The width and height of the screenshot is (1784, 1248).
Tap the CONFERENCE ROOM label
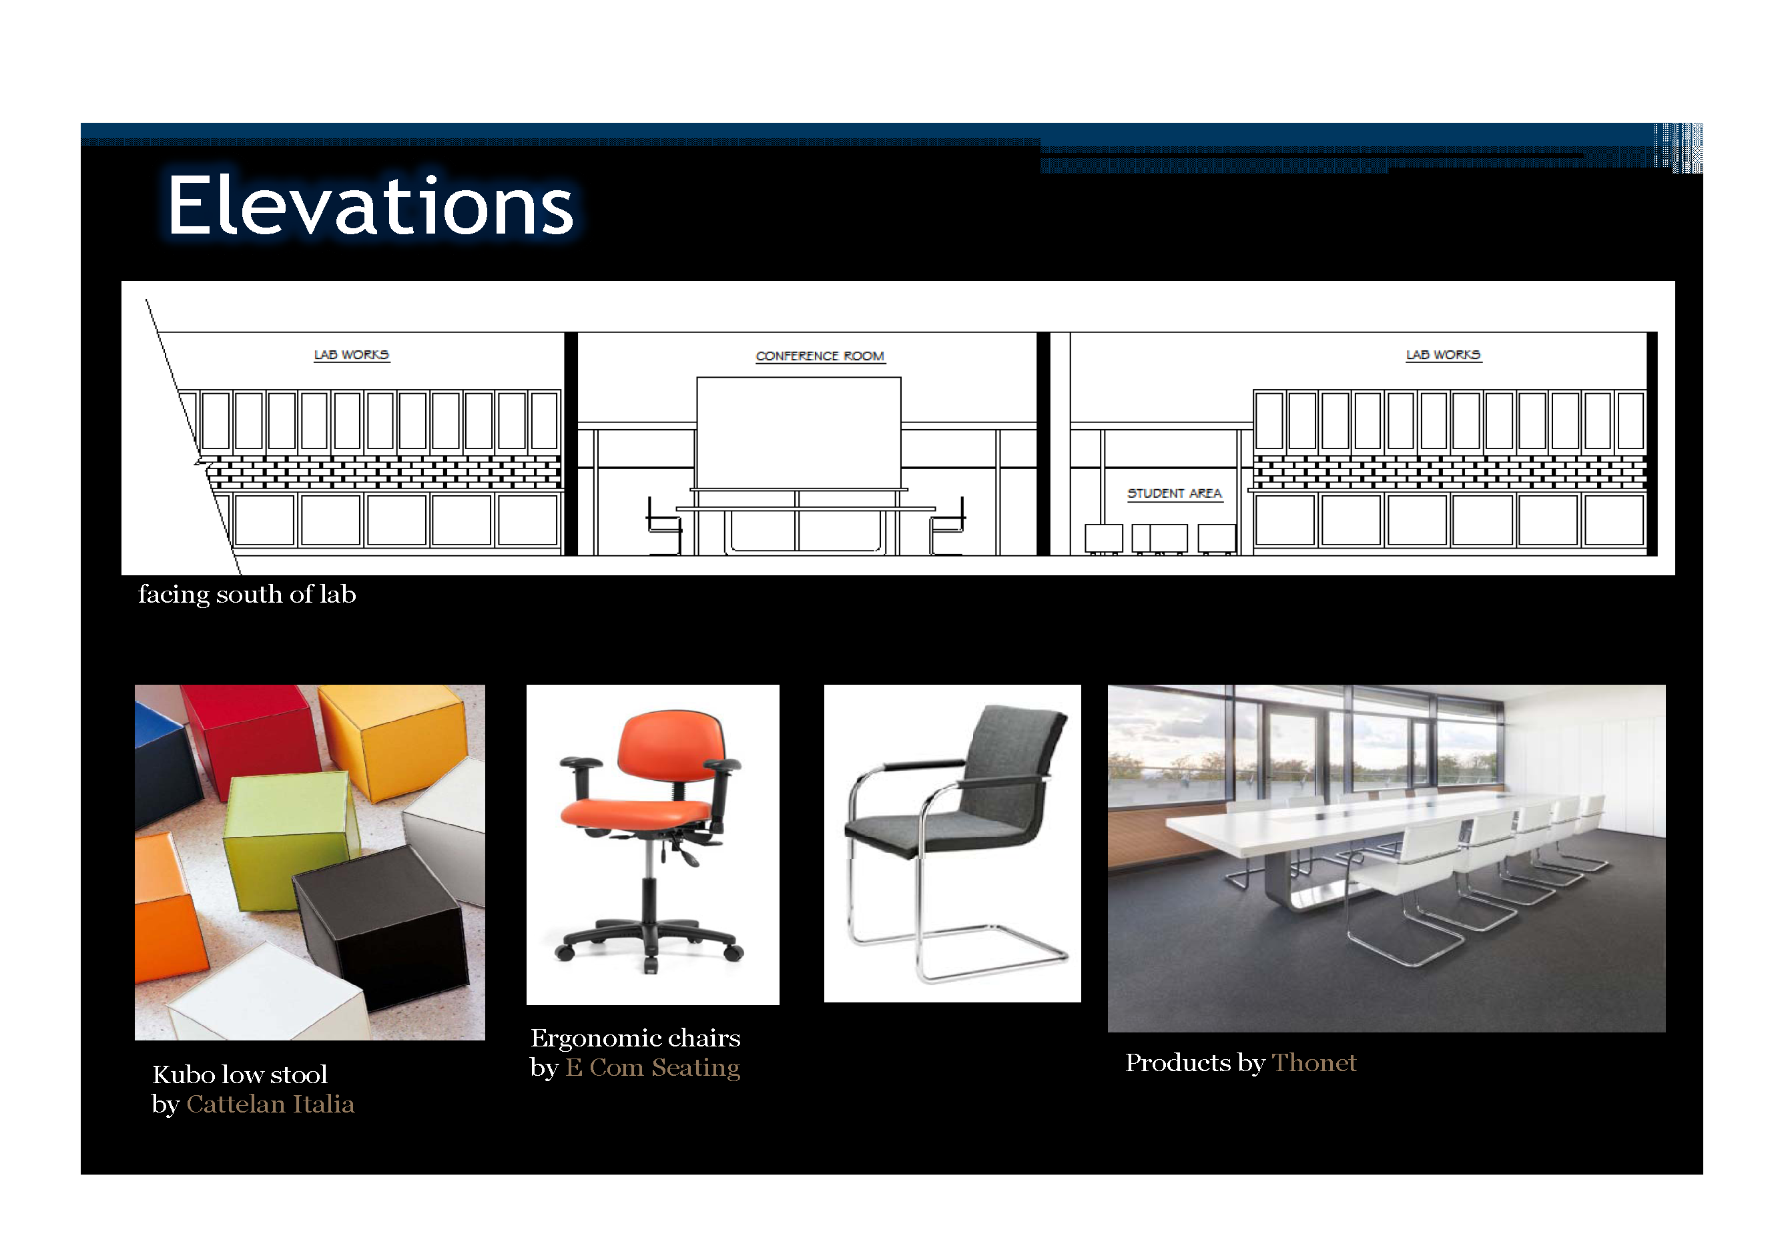[820, 356]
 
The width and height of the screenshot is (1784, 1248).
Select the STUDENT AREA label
[1174, 493]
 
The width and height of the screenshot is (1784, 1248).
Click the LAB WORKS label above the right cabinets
[1443, 354]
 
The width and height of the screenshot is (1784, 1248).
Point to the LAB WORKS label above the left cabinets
[351, 354]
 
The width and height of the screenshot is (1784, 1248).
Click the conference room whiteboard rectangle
[799, 433]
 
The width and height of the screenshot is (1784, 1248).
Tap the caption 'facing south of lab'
[247, 595]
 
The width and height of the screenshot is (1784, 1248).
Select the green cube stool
[289, 840]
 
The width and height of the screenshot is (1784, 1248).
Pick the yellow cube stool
[396, 738]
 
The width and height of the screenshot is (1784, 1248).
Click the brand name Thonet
[1314, 1062]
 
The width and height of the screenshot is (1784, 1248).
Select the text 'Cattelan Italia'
[270, 1105]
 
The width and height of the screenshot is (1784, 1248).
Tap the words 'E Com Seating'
[653, 1068]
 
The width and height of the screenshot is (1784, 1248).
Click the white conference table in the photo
[1352, 836]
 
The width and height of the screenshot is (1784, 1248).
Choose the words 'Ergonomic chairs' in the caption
[635, 1038]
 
